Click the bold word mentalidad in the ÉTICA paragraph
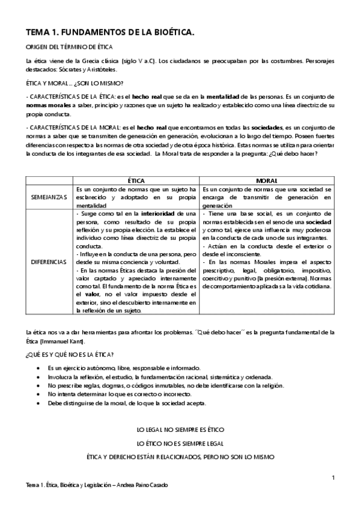pyautogui.click(x=225, y=96)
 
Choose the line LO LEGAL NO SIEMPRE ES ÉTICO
pyautogui.click(x=180, y=431)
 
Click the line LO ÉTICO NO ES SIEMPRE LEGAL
pyautogui.click(x=180, y=444)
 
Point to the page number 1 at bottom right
pyautogui.click(x=332, y=478)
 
